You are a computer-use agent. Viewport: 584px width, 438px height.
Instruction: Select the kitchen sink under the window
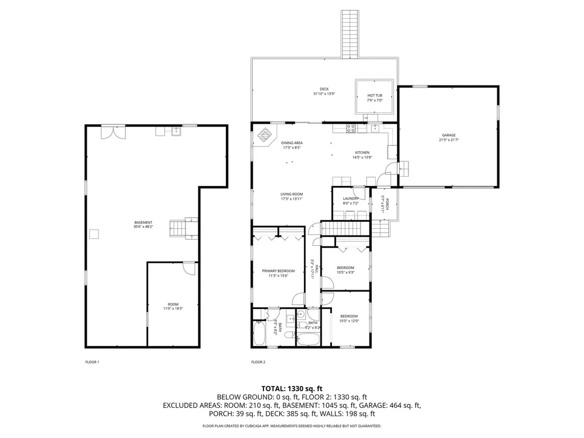pos(375,128)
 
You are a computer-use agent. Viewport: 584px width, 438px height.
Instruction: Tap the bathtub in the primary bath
pos(259,334)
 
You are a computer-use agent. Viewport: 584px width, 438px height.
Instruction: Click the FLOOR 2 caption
pos(258,362)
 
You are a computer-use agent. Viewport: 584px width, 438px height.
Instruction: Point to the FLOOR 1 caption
pos(92,362)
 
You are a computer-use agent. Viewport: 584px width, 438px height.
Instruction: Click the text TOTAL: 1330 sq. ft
pos(291,387)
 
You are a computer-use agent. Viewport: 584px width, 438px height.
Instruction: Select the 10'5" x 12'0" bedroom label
pos(348,318)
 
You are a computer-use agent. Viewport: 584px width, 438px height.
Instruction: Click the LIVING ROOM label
pos(291,196)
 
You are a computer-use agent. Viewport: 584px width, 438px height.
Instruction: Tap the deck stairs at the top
pos(349,33)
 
